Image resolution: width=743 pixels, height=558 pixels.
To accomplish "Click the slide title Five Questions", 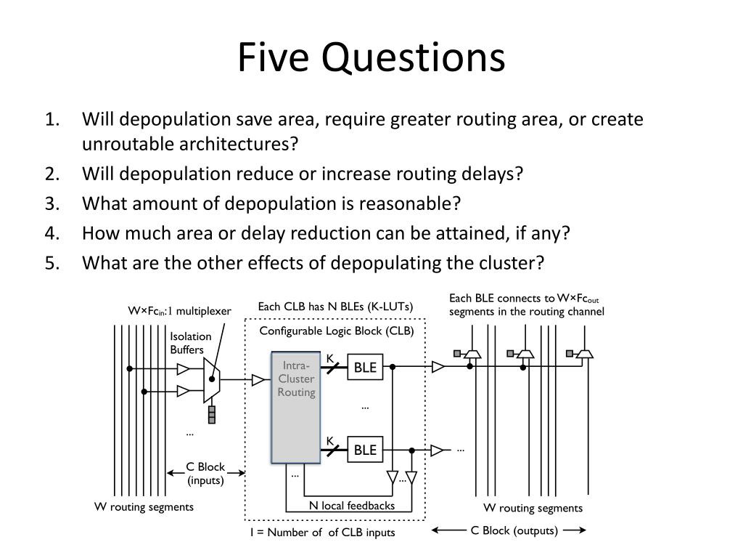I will coord(371,57).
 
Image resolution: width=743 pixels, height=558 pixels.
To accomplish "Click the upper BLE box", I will coord(365,368).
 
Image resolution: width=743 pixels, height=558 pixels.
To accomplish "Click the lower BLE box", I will coord(365,450).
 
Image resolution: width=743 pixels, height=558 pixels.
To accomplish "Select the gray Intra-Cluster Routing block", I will coord(296,407).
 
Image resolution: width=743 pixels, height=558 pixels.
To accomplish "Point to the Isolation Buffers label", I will coord(190,343).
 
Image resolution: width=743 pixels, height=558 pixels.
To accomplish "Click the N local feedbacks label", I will coord(352,506).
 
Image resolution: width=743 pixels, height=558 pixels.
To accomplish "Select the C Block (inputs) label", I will coord(205,474).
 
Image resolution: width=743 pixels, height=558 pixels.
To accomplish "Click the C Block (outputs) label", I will coord(514,530).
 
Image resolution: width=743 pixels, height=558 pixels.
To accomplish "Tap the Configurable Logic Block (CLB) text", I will coord(337,331).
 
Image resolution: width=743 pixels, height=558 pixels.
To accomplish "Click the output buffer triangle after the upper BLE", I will coord(438,368).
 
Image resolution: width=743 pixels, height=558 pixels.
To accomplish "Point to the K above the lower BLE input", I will coord(329,441).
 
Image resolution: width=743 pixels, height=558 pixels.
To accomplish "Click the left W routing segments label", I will coord(144,507).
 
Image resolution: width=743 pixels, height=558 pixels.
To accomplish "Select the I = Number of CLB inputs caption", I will coord(323,533).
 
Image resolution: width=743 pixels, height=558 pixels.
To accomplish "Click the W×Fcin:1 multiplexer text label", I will coord(180,312).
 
